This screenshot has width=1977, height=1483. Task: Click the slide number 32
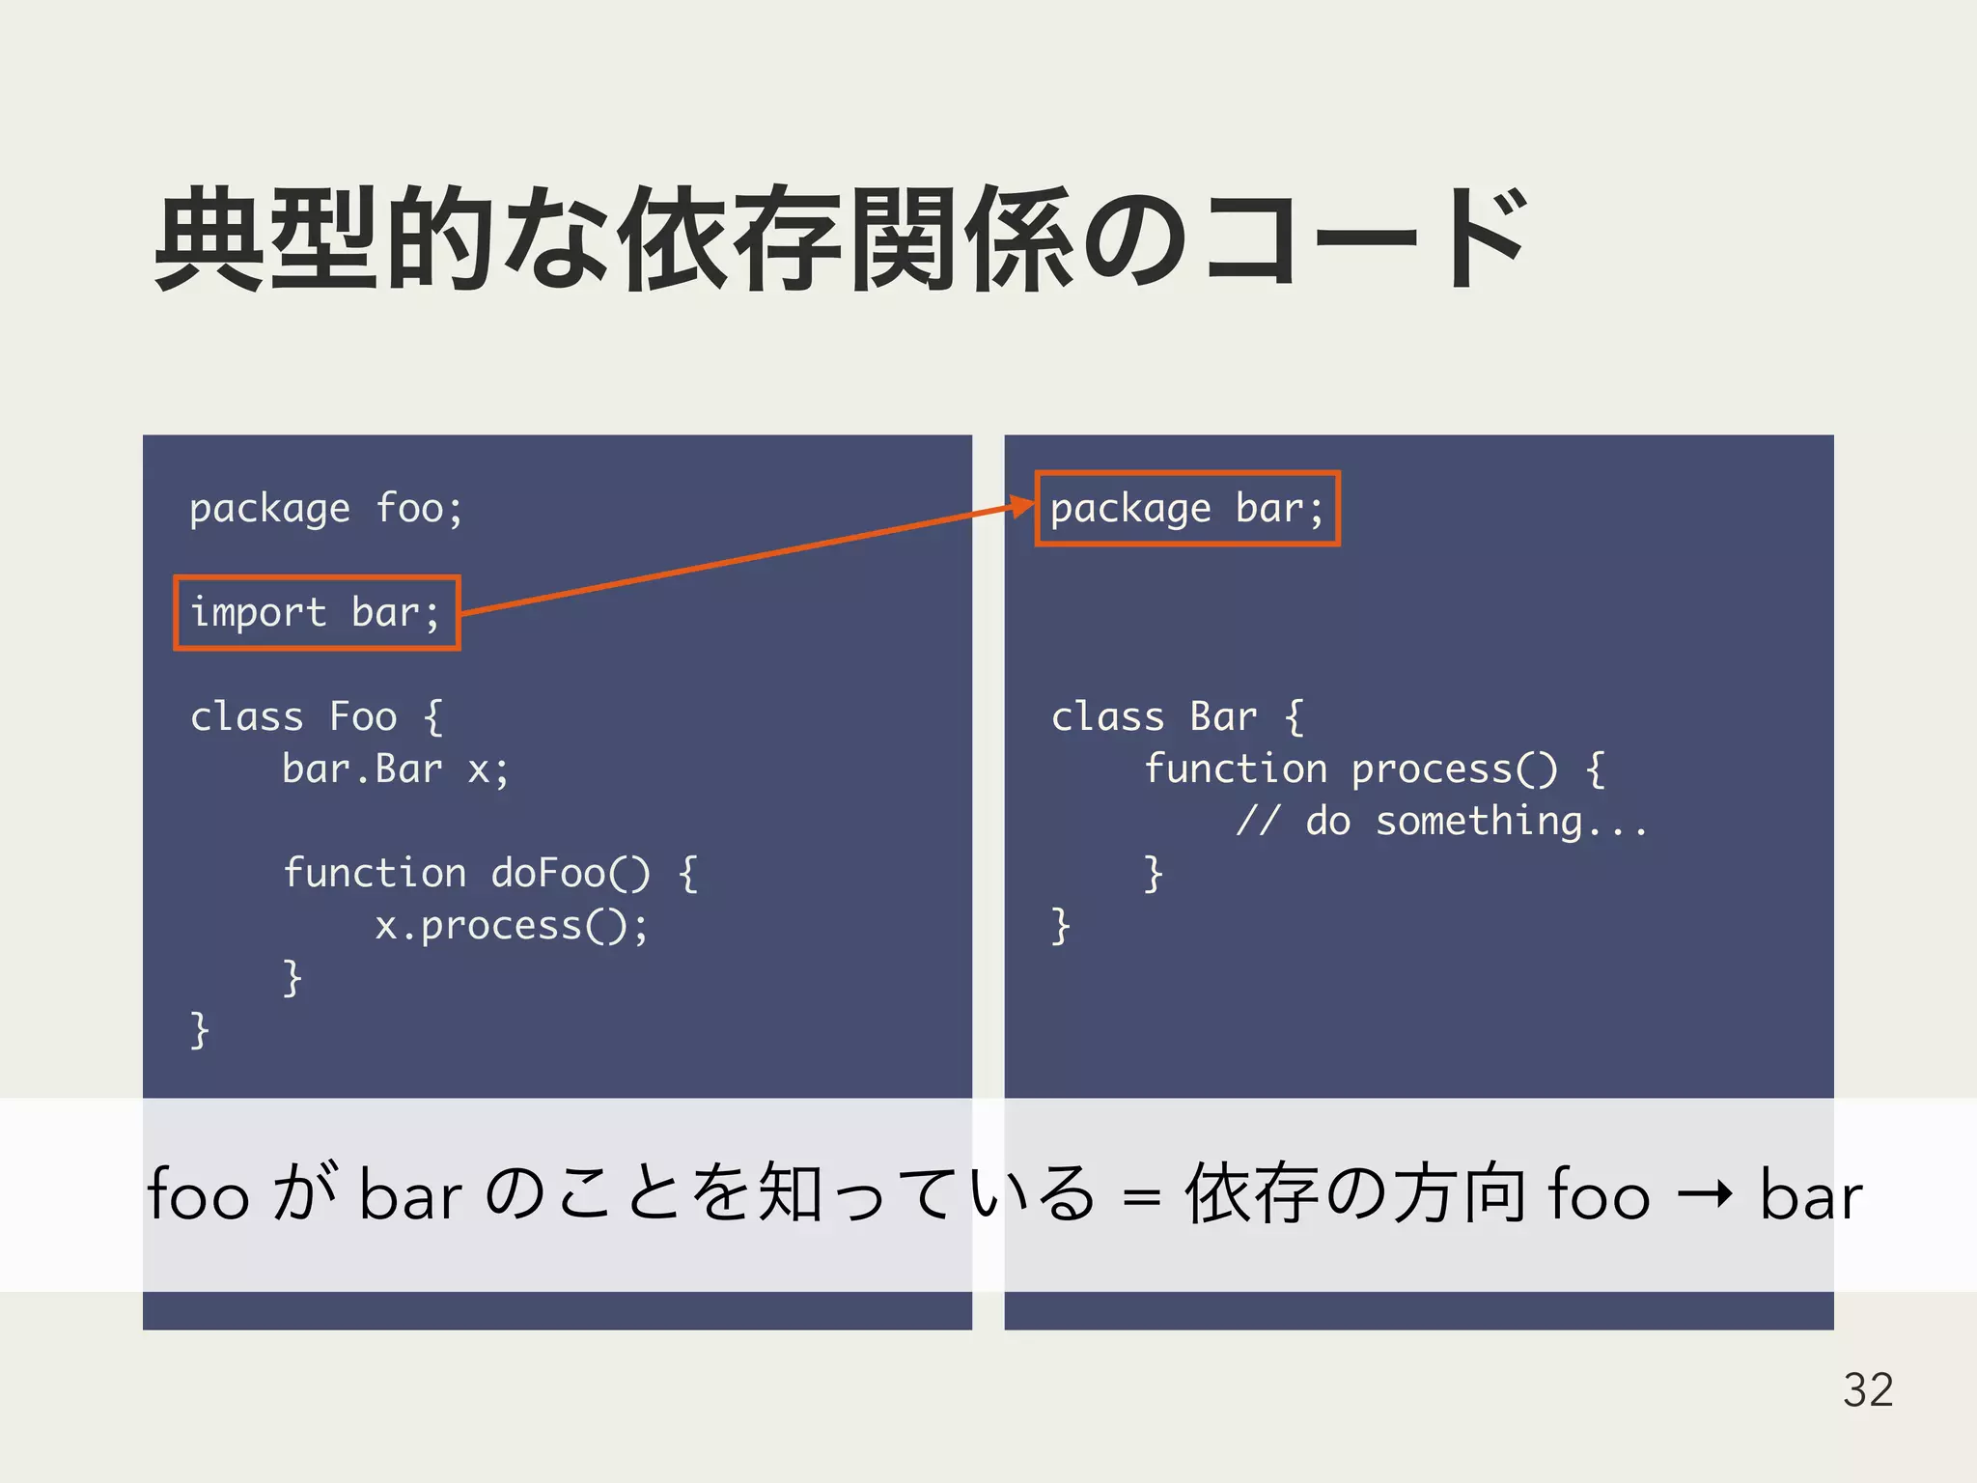1867,1390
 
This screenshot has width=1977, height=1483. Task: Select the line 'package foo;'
326,509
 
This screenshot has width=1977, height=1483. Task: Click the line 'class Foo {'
316,717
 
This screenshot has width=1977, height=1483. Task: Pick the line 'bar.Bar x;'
395,769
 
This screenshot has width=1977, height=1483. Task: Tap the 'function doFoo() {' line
489,874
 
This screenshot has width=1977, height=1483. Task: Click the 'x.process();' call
511,926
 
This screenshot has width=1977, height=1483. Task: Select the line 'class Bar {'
1177,717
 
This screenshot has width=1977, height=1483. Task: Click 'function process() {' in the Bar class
1374,769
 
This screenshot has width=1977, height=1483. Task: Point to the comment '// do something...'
1441,822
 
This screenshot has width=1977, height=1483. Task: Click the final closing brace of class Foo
200,1030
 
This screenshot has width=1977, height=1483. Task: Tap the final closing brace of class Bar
1060,926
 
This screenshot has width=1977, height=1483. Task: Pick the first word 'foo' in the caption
199,1195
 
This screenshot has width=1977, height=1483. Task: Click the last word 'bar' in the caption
1810,1195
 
